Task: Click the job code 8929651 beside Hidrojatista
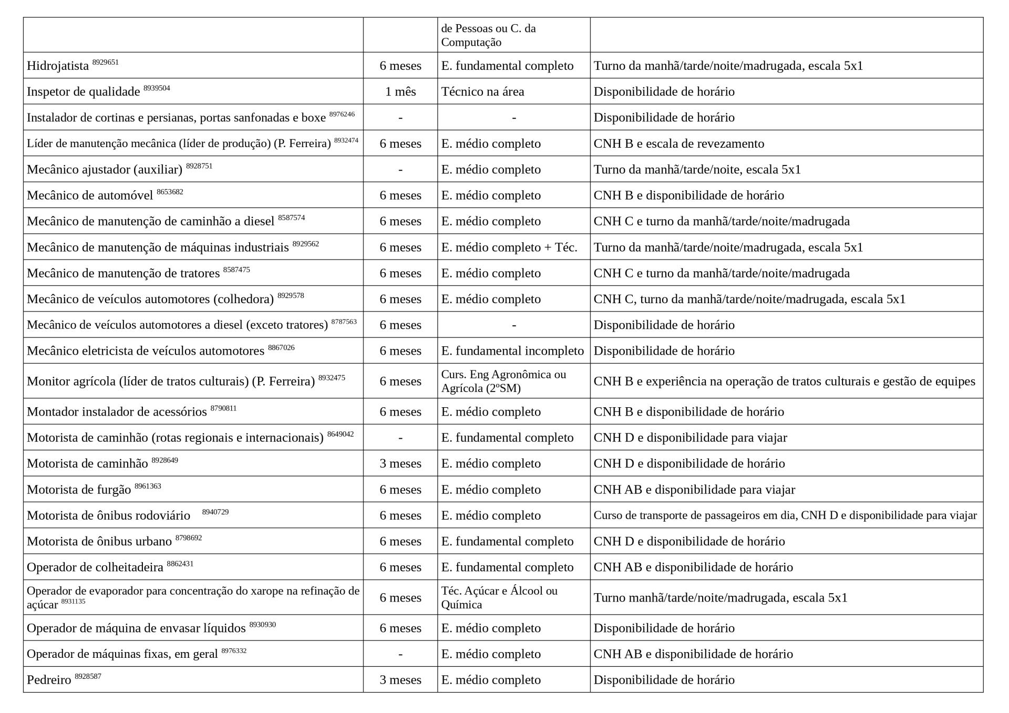coord(105,62)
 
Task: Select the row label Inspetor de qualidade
coord(83,92)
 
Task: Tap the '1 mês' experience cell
coord(400,92)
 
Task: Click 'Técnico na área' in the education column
coord(482,92)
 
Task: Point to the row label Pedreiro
coord(49,680)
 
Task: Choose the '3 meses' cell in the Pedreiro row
coord(400,680)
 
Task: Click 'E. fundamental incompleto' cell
coord(512,351)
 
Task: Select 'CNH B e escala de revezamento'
coord(678,143)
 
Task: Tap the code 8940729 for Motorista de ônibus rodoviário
coord(215,512)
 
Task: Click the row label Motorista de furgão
coord(79,490)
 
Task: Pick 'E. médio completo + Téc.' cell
coord(509,247)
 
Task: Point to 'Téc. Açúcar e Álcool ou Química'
coord(499,597)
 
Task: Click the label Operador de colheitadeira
coord(95,567)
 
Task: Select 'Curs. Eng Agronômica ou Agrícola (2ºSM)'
coord(503,381)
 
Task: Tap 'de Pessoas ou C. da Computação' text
coord(488,35)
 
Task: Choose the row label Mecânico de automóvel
coord(90,195)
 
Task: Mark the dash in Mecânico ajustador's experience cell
coord(400,170)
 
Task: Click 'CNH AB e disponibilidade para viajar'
coord(694,490)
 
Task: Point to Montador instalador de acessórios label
coord(117,412)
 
